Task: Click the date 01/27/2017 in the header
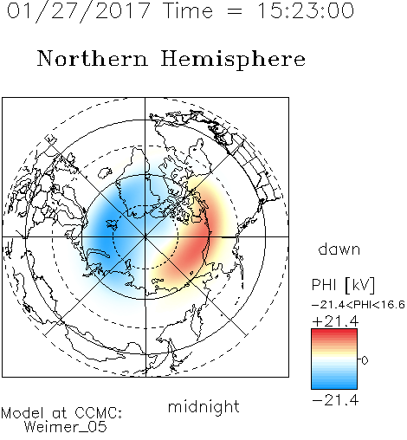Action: tap(78, 12)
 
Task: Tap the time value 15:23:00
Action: tap(305, 10)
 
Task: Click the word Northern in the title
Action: tap(93, 59)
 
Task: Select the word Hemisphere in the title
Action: tap(233, 60)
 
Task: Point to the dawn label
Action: tap(339, 249)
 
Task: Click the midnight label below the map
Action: tap(203, 406)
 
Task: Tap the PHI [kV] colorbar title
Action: tap(343, 285)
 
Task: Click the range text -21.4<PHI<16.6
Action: tap(359, 305)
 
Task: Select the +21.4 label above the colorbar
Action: tap(335, 321)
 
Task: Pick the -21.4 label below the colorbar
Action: tap(335, 400)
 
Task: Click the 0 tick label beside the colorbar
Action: tap(365, 360)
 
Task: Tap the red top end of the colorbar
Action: tap(334, 332)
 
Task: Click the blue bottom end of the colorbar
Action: tap(334, 386)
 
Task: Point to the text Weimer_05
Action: tap(66, 427)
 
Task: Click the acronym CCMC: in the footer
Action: tap(98, 413)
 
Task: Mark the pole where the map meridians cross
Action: tap(145, 236)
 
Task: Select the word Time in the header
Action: tap(188, 10)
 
